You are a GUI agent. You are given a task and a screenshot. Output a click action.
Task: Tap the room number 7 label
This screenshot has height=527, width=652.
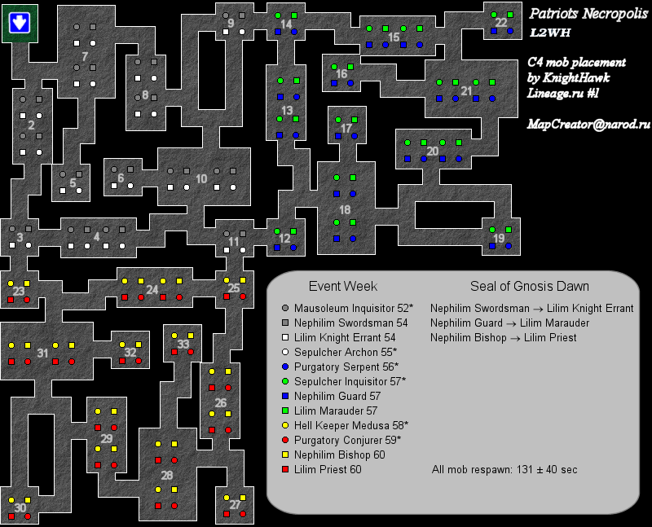tap(85, 55)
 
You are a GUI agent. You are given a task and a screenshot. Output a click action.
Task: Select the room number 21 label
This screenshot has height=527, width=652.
tap(466, 90)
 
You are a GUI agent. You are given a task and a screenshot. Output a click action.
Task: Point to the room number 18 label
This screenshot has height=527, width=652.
tap(345, 209)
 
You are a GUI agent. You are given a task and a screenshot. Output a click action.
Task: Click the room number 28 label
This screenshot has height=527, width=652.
tap(167, 475)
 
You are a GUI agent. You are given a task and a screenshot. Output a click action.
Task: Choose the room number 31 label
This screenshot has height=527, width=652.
tap(42, 353)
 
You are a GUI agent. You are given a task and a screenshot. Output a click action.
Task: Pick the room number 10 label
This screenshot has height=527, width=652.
tap(201, 178)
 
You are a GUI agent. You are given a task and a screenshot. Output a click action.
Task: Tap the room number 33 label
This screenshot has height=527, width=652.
tap(183, 345)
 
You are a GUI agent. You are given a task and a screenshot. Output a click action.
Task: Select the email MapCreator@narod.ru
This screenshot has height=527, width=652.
tap(588, 125)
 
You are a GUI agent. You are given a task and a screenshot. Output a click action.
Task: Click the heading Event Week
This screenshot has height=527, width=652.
tap(342, 287)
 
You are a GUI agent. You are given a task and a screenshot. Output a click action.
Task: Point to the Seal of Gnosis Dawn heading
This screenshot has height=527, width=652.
tap(529, 287)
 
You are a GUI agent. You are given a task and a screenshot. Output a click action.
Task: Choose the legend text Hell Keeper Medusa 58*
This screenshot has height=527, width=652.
tap(351, 425)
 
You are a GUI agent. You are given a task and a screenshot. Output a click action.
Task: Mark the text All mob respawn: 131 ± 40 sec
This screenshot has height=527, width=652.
tap(505, 470)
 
